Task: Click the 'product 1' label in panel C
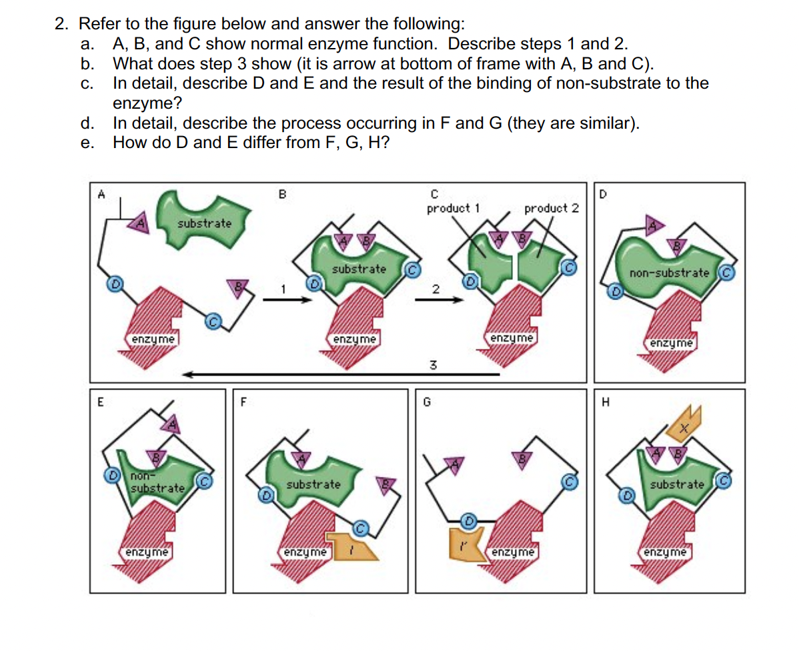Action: coord(453,209)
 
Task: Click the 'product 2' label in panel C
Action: coord(552,209)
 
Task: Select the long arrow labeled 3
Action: coord(340,375)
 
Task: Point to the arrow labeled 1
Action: coord(287,299)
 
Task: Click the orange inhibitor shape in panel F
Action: coord(352,546)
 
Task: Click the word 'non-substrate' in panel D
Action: coord(669,273)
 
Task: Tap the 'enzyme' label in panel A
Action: coord(153,339)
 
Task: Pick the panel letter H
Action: coord(606,402)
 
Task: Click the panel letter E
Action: coord(101,402)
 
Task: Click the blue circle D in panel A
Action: coord(115,283)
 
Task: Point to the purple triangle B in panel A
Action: coord(237,286)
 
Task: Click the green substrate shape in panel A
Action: coord(202,219)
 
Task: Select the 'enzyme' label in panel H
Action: coord(665,552)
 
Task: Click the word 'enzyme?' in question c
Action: coord(147,103)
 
